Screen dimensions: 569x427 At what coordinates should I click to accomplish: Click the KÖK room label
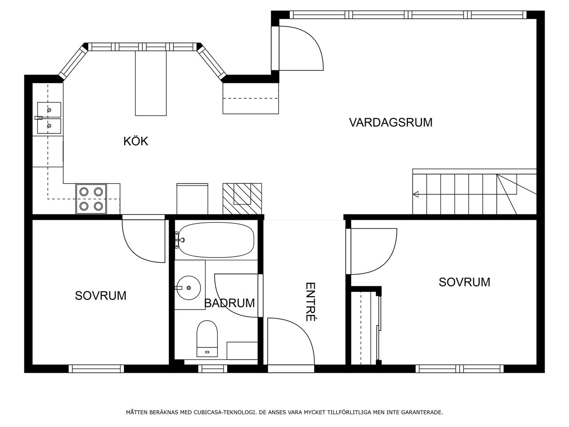pyautogui.click(x=136, y=141)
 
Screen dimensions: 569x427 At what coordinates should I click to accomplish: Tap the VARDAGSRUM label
pyautogui.click(x=391, y=122)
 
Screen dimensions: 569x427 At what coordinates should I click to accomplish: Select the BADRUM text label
pyautogui.click(x=229, y=303)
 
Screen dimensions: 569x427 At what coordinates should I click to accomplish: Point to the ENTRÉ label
pyautogui.click(x=310, y=302)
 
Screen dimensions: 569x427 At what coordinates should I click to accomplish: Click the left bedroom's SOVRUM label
pyautogui.click(x=100, y=295)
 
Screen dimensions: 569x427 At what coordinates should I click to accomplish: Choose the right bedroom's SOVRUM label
pyautogui.click(x=464, y=282)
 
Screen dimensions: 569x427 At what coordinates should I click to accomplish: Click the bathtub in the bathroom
pyautogui.click(x=216, y=240)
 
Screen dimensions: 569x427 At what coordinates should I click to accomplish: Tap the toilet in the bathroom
pyautogui.click(x=207, y=338)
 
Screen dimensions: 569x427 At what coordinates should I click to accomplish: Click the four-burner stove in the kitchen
pyautogui.click(x=91, y=199)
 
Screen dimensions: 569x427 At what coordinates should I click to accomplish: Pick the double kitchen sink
pyautogui.click(x=49, y=118)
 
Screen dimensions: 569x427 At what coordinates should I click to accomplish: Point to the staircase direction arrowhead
pyautogui.click(x=416, y=194)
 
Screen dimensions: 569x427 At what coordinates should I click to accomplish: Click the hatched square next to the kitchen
pyautogui.click(x=242, y=199)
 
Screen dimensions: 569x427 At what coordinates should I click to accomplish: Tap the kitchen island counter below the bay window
pyautogui.click(x=151, y=83)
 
